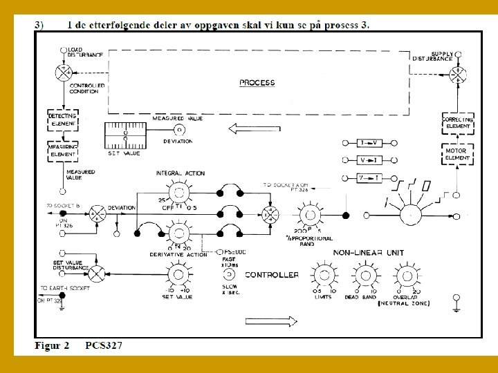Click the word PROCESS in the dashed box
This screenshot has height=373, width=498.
pyautogui.click(x=257, y=83)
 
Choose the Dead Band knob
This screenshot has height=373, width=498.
pyautogui.click(x=365, y=275)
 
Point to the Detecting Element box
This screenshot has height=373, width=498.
pyautogui.click(x=62, y=119)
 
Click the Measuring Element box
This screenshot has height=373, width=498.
pyautogui.click(x=62, y=151)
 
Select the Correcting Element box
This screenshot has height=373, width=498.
pyautogui.click(x=456, y=123)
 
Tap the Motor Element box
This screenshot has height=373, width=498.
pyautogui.click(x=456, y=154)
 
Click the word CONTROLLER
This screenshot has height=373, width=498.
pyautogui.click(x=272, y=275)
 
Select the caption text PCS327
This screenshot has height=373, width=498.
pyautogui.click(x=104, y=345)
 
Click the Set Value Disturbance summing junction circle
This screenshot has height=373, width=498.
pyautogui.click(x=98, y=274)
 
